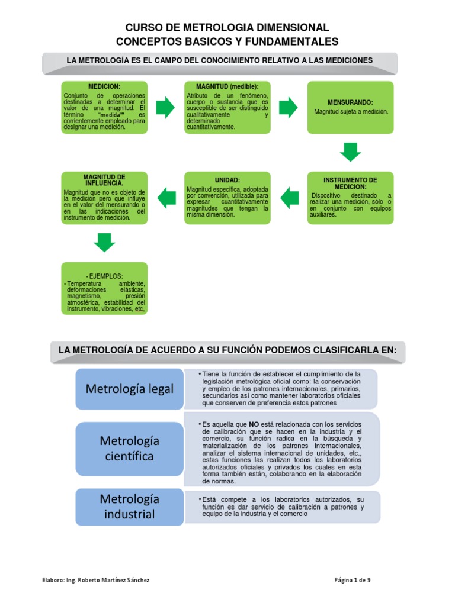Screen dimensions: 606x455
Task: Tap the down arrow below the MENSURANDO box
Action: coord(350,151)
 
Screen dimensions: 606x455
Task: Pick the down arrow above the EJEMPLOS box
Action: coord(104,242)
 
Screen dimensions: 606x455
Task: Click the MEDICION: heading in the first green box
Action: coord(104,86)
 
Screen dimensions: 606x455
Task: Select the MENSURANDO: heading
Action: coord(350,102)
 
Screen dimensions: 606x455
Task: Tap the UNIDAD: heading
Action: coord(227,179)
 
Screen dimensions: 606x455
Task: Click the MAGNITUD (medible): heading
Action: coord(227,86)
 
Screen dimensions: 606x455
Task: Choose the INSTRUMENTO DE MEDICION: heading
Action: coord(350,183)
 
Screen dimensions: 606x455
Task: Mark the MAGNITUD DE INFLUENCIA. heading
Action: coord(104,180)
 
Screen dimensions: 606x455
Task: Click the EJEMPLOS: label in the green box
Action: coord(104,276)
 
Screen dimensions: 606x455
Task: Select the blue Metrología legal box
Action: coord(130,389)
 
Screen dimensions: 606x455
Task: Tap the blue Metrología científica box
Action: coord(130,449)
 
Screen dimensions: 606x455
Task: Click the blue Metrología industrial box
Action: coord(130,507)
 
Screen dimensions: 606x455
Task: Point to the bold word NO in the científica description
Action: coord(254,424)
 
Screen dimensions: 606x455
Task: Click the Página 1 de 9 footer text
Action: coord(352,580)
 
